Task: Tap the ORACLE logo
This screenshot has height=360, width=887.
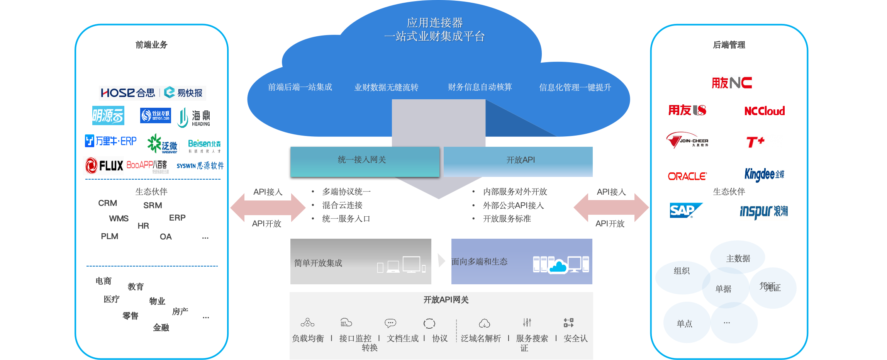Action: click(687, 176)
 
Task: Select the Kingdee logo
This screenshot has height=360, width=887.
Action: click(764, 175)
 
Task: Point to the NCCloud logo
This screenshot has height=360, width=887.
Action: click(764, 111)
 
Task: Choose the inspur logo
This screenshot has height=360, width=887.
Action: click(763, 211)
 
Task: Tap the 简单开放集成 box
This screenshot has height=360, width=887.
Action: click(360, 262)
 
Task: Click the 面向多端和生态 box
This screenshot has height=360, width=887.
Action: click(521, 262)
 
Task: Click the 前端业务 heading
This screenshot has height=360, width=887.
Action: click(151, 45)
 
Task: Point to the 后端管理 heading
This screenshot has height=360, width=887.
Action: click(729, 45)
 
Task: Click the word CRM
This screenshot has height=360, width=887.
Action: click(107, 203)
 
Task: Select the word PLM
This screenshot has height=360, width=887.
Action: click(109, 236)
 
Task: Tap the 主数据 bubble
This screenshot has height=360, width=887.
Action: click(738, 258)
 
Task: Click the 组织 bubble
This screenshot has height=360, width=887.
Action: click(682, 271)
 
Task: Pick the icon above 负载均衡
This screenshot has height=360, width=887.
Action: click(307, 323)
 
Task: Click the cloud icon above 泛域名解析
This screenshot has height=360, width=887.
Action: click(484, 323)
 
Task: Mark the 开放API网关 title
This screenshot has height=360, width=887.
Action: click(446, 300)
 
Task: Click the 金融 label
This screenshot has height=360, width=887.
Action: click(161, 328)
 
